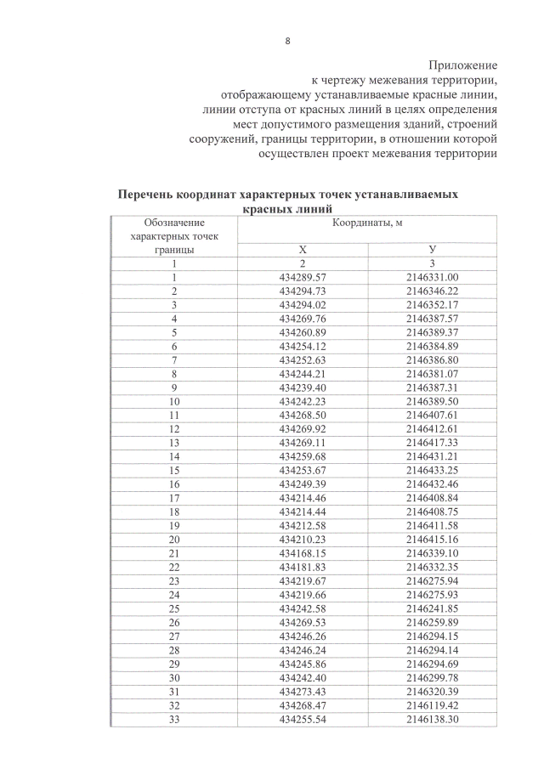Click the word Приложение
pyautogui.click(x=462, y=65)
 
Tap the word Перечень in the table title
pyautogui.click(x=150, y=195)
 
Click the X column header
pyautogui.click(x=302, y=250)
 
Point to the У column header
pyautogui.click(x=432, y=250)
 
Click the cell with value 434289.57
pyautogui.click(x=303, y=277)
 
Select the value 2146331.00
pyautogui.click(x=432, y=277)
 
